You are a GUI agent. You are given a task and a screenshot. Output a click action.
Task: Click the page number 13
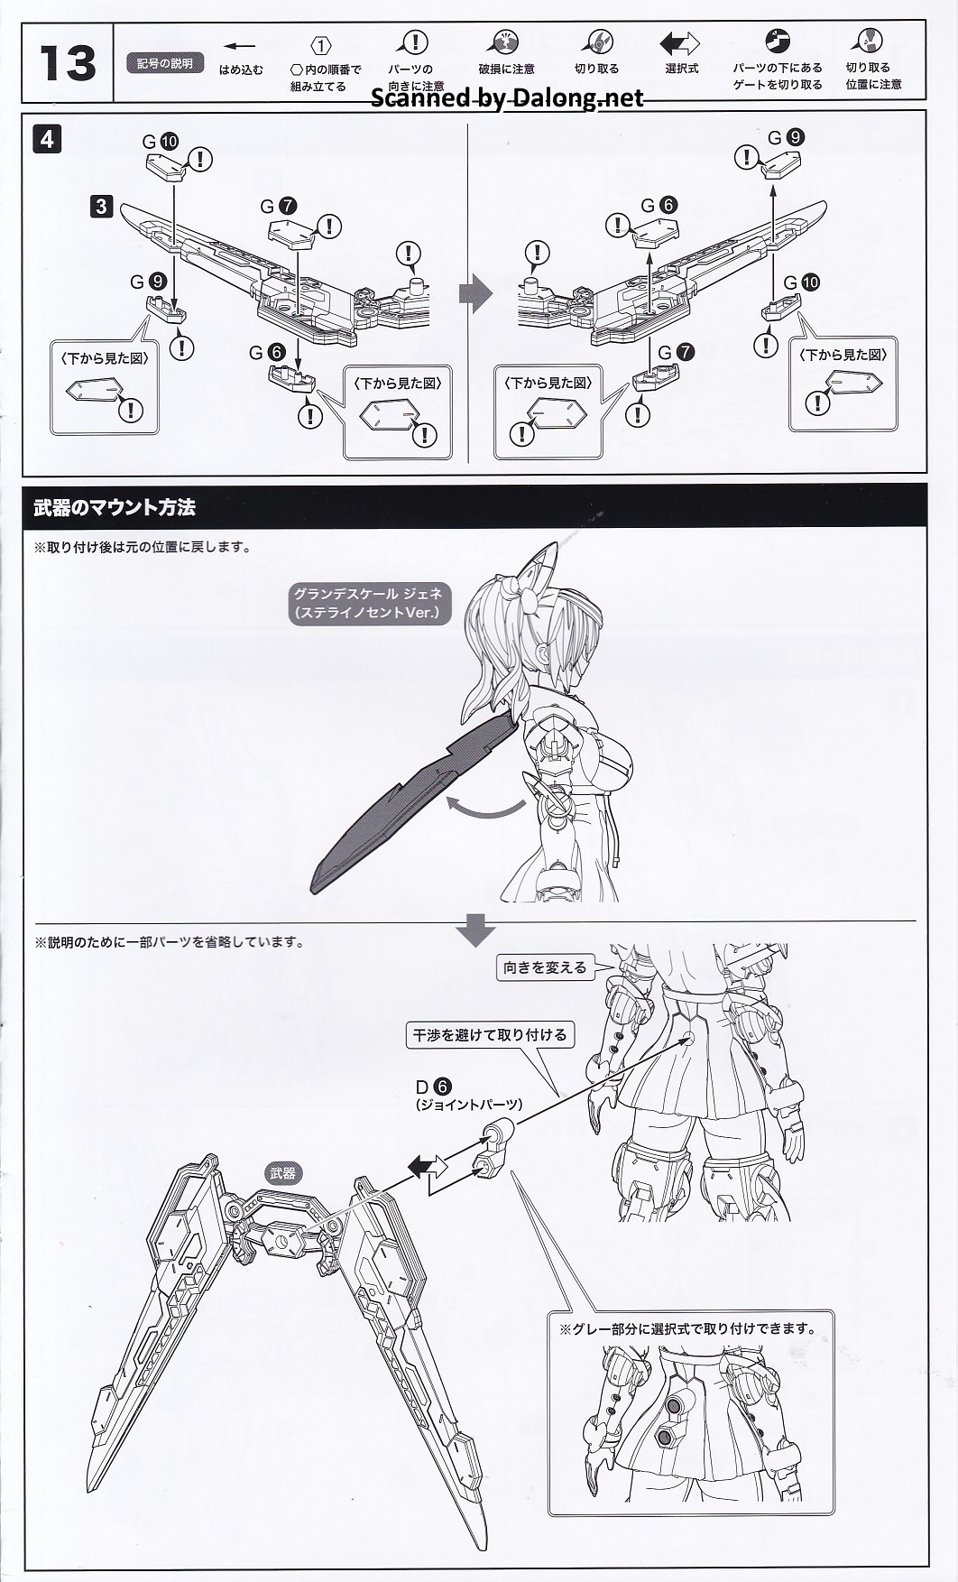click(67, 63)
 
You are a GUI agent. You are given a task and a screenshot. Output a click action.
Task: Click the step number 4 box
click(47, 140)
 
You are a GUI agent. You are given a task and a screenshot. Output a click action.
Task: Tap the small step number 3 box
click(101, 207)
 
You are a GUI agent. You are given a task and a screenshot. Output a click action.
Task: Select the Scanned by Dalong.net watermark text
click(508, 97)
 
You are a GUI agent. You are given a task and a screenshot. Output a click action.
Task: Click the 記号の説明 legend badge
click(165, 64)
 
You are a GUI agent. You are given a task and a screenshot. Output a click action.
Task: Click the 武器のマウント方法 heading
click(115, 507)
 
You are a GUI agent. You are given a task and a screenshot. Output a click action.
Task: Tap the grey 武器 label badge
click(282, 1173)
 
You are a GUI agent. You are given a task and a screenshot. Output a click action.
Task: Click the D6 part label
click(434, 1087)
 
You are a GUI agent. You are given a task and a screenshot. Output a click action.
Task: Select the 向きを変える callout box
click(545, 967)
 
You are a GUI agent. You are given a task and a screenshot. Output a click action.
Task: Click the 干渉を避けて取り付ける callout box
click(490, 1035)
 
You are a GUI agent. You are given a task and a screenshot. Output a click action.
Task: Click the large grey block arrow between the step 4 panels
click(474, 293)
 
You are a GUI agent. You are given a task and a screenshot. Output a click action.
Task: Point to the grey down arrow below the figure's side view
click(476, 930)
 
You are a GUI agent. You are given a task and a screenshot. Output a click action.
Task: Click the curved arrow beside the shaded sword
click(488, 808)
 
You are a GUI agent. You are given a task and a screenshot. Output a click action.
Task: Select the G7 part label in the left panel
click(281, 207)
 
